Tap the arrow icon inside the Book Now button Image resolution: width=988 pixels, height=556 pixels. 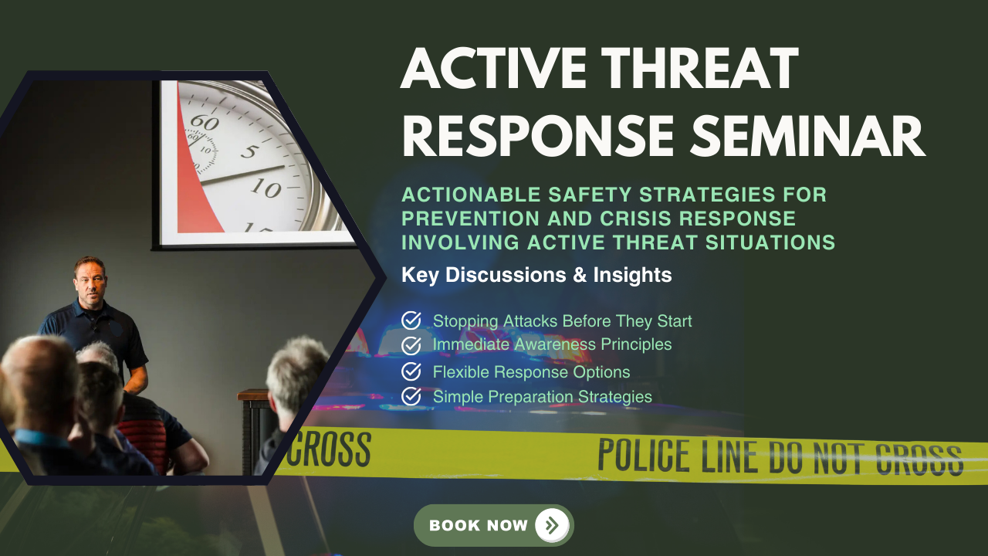click(x=552, y=526)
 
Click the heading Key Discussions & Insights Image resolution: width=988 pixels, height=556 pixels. click(x=536, y=274)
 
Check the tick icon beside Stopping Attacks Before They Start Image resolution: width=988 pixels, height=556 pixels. click(x=411, y=320)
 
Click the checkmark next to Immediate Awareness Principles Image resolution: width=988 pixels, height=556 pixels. click(x=411, y=344)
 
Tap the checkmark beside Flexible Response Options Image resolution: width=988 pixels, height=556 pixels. click(x=411, y=371)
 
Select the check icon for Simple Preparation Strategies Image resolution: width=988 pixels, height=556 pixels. click(x=411, y=396)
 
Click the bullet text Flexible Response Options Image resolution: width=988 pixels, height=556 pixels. click(x=531, y=372)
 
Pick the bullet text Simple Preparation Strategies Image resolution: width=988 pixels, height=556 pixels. click(x=542, y=397)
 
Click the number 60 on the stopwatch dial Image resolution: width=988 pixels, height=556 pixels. click(x=205, y=121)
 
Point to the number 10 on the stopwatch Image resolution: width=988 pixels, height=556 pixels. click(x=266, y=187)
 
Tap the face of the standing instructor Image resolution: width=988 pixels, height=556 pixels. click(x=90, y=280)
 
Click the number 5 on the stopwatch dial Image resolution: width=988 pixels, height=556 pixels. click(x=249, y=150)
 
